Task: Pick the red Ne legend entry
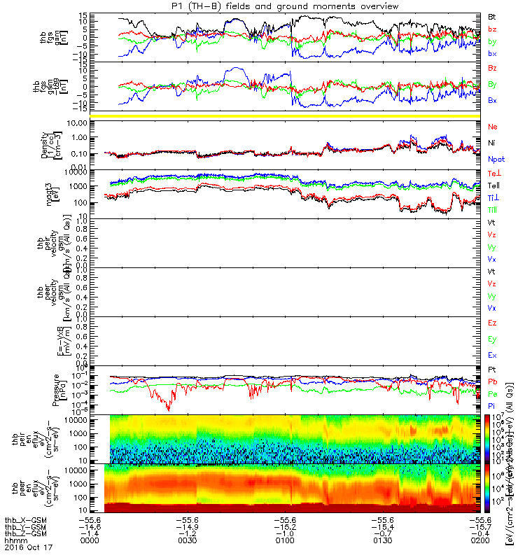[491, 127]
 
